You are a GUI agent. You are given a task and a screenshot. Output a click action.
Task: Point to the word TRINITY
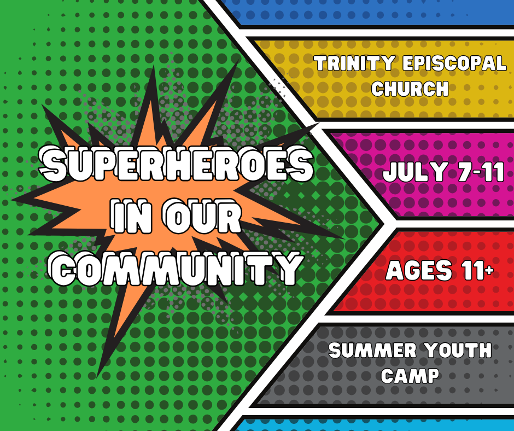click(x=354, y=63)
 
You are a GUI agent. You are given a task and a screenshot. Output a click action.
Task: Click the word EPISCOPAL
click(x=454, y=63)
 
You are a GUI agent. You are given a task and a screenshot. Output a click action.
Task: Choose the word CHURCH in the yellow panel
click(x=410, y=89)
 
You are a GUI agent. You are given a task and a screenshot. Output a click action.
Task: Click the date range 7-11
click(x=481, y=172)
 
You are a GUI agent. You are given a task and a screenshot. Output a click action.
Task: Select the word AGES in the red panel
click(x=419, y=270)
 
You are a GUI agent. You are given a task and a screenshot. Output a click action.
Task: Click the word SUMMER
click(x=369, y=350)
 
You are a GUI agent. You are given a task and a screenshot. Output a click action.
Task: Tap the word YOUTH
click(x=454, y=350)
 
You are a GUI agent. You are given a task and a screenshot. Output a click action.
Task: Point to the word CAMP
click(x=410, y=376)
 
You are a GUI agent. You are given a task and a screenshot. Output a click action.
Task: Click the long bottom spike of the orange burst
click(x=118, y=328)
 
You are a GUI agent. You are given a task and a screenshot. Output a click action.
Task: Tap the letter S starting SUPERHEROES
click(x=52, y=163)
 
